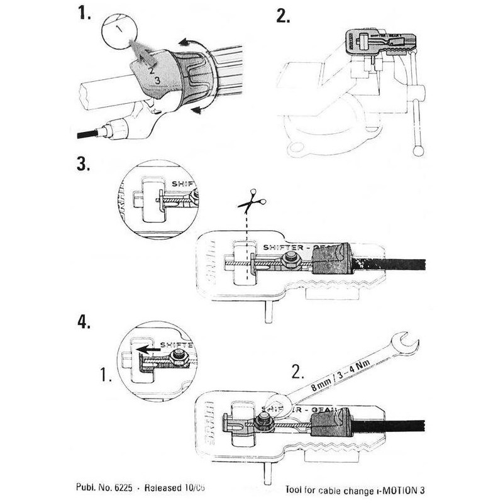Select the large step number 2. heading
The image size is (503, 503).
click(284, 15)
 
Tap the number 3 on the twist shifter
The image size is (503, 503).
click(157, 80)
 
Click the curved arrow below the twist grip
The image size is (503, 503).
click(199, 111)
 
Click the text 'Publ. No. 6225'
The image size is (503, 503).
click(98, 487)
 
